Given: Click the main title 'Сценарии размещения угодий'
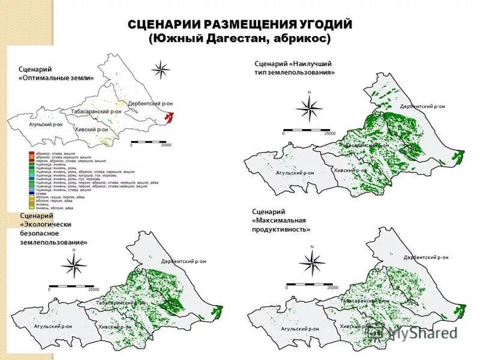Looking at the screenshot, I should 240,25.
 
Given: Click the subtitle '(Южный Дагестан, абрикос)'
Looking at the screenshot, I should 240,38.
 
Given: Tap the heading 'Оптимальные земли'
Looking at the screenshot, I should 56,78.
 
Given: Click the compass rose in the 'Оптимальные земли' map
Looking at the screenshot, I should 161,70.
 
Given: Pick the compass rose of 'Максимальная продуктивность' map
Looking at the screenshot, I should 311,262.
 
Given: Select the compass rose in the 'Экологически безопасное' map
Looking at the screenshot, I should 73,265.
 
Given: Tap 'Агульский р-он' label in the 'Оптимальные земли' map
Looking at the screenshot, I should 46,124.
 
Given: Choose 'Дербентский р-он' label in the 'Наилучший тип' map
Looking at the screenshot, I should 422,106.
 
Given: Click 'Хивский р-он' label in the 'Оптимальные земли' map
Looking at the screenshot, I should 92,129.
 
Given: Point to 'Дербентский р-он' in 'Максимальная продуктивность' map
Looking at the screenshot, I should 425,257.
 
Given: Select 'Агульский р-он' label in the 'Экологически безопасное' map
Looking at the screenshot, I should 53,326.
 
